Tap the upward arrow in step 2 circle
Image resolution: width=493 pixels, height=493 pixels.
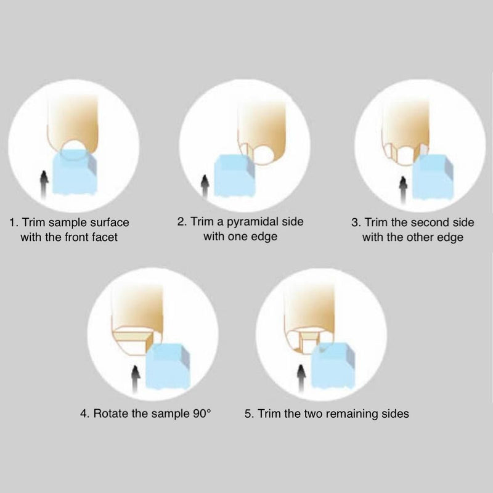[205, 187]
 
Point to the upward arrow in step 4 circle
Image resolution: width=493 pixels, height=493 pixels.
[136, 378]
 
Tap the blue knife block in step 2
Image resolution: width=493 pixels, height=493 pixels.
[235, 176]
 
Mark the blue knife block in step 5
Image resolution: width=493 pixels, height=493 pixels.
[333, 365]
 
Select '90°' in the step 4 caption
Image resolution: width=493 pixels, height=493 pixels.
[202, 413]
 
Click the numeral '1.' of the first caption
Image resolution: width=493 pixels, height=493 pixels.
[14, 222]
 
